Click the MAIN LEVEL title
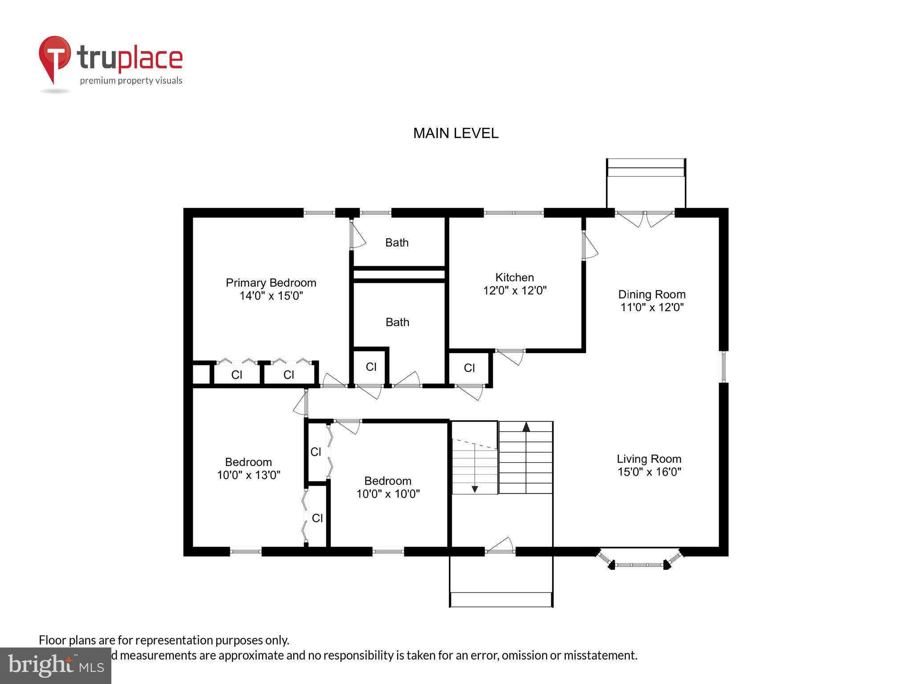[456, 133]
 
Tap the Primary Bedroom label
[271, 283]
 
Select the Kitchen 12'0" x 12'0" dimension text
[515, 290]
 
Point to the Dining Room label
[651, 294]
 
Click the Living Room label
[649, 459]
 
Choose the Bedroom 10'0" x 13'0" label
[248, 468]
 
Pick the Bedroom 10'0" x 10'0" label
[388, 487]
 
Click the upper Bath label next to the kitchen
[397, 243]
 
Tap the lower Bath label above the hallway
[397, 322]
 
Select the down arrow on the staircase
[475, 489]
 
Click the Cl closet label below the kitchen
[469, 368]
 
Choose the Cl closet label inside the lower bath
[371, 366]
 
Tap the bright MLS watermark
[56, 666]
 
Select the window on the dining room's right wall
[723, 366]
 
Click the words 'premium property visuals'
[131, 81]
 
